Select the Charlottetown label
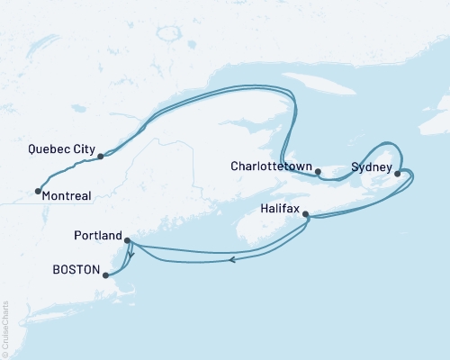[271, 166]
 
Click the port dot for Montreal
[37, 191]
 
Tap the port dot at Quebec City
[100, 157]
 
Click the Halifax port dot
[307, 214]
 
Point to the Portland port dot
[127, 240]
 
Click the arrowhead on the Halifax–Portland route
[233, 260]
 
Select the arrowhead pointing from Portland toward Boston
[131, 255]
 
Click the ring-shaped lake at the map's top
[167, 36]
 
